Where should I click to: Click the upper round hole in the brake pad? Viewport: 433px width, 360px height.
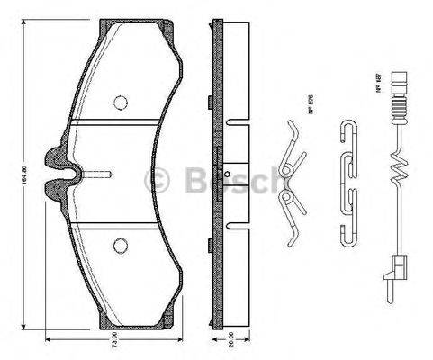point(120,102)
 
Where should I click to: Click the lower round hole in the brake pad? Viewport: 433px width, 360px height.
point(120,244)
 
